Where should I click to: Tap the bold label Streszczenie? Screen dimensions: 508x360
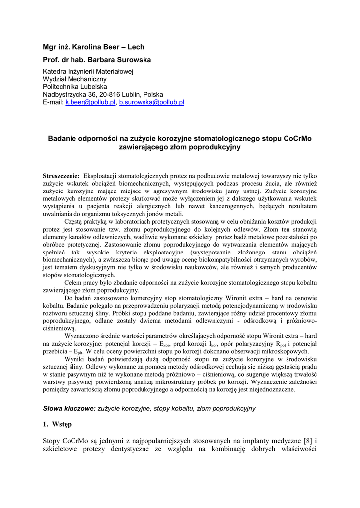click(x=62, y=176)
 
